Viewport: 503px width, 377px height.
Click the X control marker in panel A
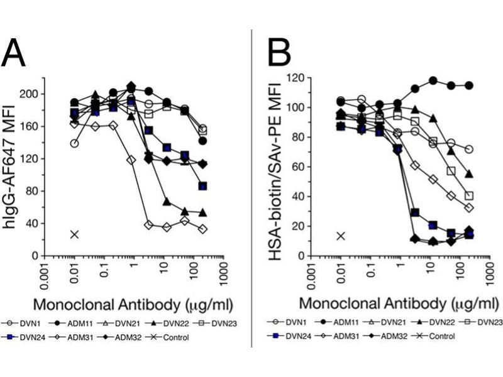[x=75, y=234]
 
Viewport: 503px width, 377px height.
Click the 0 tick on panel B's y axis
[x=298, y=256]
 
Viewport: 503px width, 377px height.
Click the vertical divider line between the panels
[x=252, y=188]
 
